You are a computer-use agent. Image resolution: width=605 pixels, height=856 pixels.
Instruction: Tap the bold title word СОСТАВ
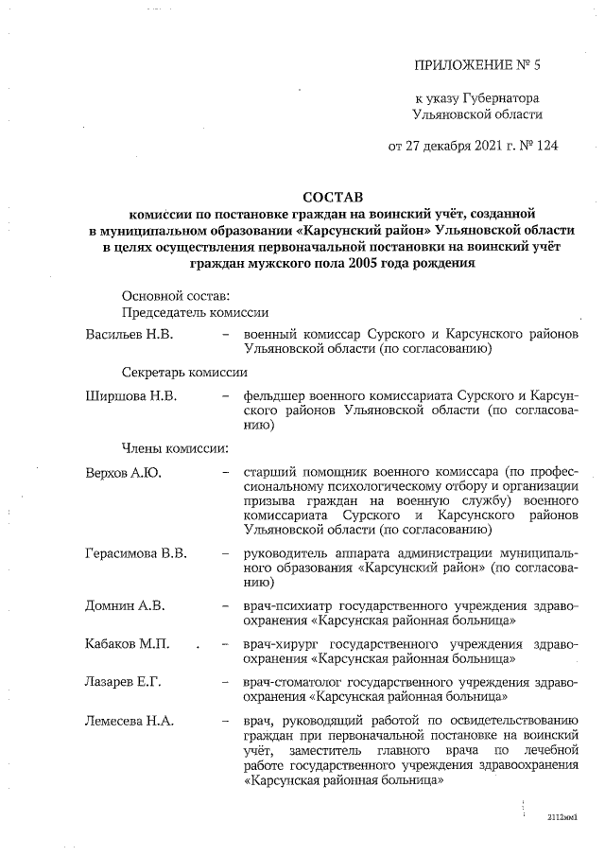click(x=331, y=197)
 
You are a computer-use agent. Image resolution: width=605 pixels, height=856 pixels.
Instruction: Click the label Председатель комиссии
click(x=194, y=312)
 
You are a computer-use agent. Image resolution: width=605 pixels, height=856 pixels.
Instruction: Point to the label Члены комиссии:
click(x=174, y=447)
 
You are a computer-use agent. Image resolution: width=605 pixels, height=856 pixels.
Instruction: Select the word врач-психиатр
click(x=287, y=604)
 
